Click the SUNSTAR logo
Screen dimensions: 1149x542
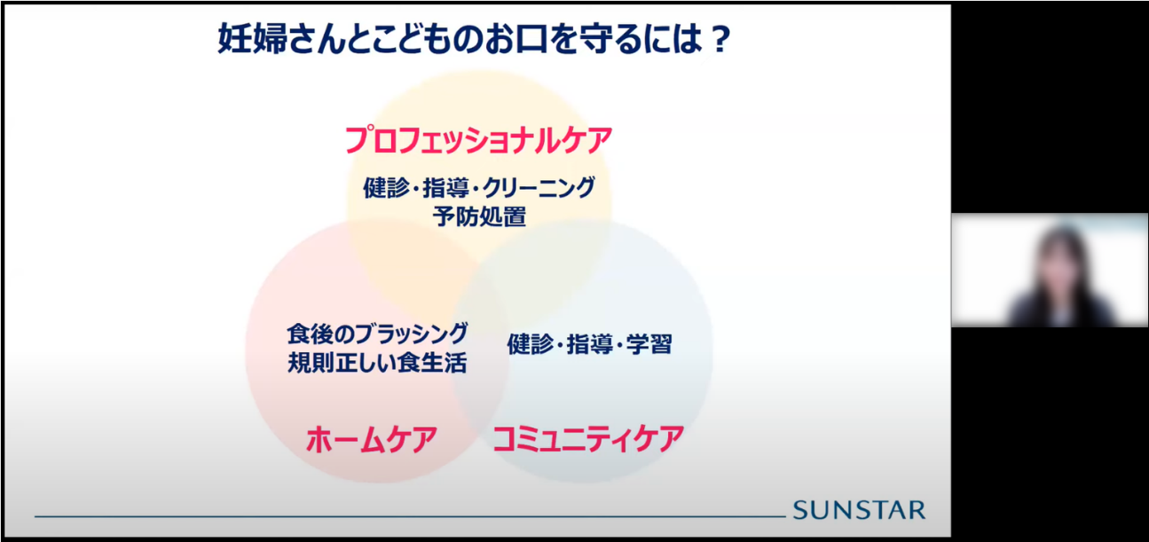click(859, 510)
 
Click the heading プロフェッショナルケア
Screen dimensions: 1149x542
click(478, 140)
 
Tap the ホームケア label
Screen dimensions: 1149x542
click(372, 439)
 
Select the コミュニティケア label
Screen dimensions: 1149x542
click(588, 439)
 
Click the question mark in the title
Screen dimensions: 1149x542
click(720, 40)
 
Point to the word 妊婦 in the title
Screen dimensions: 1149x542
click(252, 39)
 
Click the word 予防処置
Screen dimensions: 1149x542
click(480, 216)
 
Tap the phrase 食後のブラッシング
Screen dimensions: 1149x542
click(378, 334)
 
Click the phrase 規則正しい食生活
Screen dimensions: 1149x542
click(378, 363)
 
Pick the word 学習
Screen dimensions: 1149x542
click(649, 344)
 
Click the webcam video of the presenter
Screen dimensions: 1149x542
click(1050, 270)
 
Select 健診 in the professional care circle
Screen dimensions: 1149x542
click(386, 188)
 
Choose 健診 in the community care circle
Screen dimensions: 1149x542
click(531, 344)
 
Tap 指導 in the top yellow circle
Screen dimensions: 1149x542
click(445, 188)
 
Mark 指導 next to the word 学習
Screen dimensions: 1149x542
click(590, 344)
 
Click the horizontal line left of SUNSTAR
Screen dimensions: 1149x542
click(410, 516)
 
